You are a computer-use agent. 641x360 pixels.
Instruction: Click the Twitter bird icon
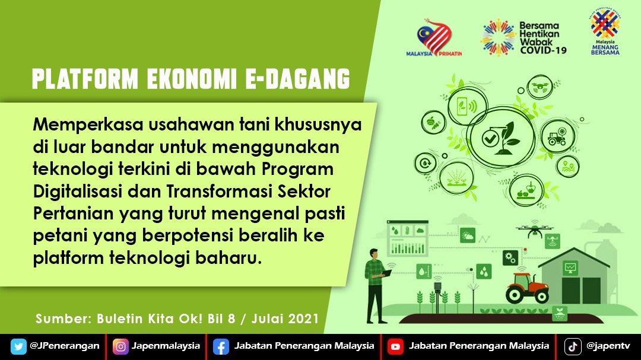pos(18,346)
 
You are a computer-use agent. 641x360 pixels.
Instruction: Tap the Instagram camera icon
pos(120,346)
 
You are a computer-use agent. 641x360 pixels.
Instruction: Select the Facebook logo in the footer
pos(221,347)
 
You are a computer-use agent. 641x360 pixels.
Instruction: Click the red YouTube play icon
pos(395,347)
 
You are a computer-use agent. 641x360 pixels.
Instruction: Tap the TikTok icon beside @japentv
pos(573,346)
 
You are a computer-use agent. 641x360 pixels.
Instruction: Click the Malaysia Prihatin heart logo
pos(434,37)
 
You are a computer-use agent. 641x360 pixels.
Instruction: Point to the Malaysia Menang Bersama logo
pos(605,31)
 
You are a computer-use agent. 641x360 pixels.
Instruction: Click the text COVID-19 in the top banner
pos(543,50)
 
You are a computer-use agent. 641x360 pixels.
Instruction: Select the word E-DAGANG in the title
pos(297,79)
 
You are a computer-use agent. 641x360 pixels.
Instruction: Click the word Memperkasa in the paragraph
pos(88,125)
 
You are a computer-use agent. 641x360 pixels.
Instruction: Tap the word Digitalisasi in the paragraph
pos(78,191)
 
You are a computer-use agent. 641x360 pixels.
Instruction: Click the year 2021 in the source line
pos(303,318)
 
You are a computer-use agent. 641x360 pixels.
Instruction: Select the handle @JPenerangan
pos(65,346)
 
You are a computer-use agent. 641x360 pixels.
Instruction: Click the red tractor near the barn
pos(527,288)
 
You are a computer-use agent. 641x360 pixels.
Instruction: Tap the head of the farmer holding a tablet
pos(374,254)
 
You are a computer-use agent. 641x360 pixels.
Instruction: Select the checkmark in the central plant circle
pos(490,139)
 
